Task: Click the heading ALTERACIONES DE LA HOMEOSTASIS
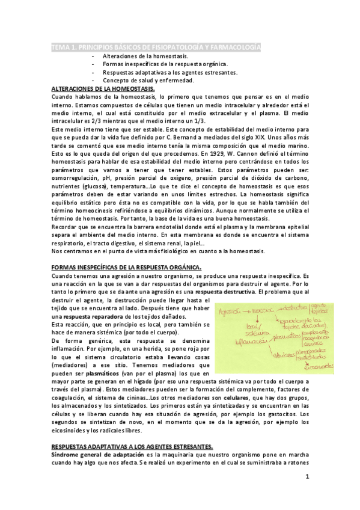coord(103,88)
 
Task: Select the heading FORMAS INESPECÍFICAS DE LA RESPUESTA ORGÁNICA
coord(126,266)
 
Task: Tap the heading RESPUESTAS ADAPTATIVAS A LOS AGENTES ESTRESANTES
coord(132,446)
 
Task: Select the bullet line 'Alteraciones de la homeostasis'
coord(145,56)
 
